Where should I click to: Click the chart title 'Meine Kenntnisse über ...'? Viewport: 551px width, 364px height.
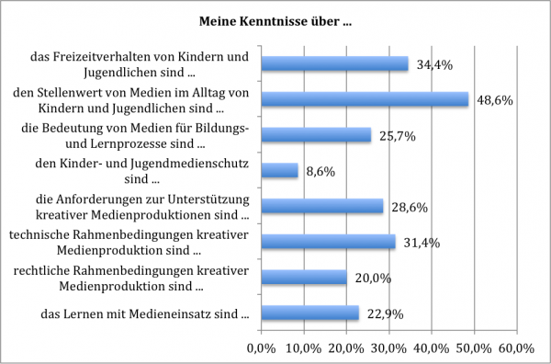click(275, 20)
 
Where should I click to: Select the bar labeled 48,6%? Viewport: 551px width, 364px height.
click(365, 98)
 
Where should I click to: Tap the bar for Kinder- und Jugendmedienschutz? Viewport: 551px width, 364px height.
click(280, 170)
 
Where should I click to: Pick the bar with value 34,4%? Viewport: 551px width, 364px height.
click(334, 63)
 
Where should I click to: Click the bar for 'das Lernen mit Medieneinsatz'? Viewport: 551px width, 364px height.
click(310, 313)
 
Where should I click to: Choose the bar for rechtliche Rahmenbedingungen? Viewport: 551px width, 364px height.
click(304, 278)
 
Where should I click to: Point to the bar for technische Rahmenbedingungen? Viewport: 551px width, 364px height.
click(329, 242)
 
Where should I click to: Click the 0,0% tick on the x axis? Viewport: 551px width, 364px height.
click(263, 347)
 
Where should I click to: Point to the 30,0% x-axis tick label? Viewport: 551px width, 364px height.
click(388, 347)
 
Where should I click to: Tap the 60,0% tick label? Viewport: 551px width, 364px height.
click(515, 347)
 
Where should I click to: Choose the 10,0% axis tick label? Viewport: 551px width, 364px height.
click(304, 347)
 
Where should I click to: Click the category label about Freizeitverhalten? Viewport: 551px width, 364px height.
click(139, 63)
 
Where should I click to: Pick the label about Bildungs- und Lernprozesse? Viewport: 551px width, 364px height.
click(135, 135)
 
